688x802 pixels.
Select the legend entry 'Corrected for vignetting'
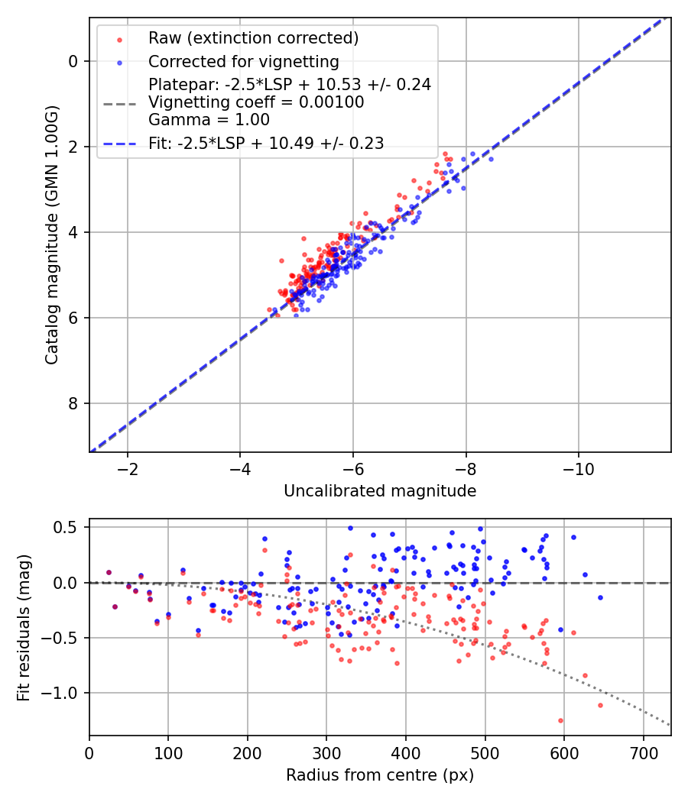point(243,61)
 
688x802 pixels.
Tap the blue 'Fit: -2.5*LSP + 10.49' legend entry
point(266,142)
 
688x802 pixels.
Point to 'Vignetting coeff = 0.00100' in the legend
point(256,102)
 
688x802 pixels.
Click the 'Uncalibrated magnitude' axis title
point(380,491)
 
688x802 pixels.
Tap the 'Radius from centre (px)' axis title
point(380,775)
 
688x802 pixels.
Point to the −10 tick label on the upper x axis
point(579,467)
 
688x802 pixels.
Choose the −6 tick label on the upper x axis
point(352,467)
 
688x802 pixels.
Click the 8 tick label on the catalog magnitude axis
point(73,403)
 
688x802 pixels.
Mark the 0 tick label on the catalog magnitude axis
point(73,61)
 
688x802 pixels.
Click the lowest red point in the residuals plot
point(560,720)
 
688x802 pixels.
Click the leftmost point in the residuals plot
point(109,572)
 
